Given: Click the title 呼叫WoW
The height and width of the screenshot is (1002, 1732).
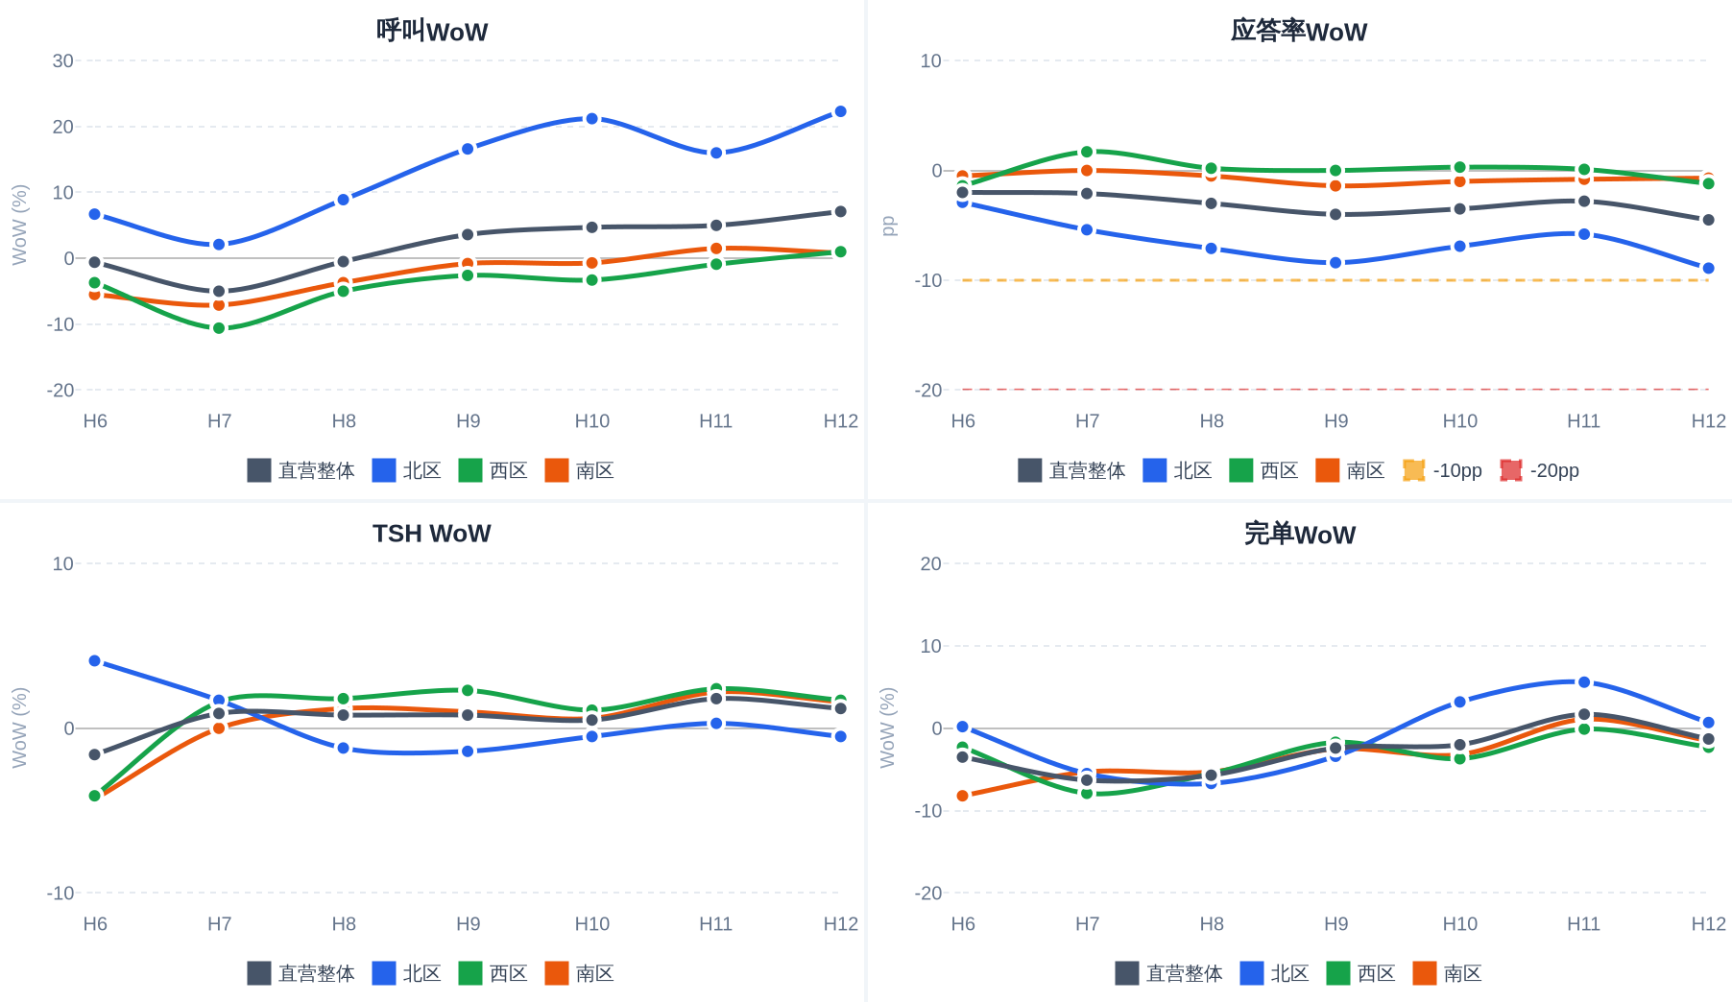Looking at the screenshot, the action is pyautogui.click(x=432, y=31).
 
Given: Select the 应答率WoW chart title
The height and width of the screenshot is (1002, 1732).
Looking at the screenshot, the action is pyautogui.click(x=1299, y=31).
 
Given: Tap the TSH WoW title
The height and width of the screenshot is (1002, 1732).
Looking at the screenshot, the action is pyautogui.click(x=432, y=534).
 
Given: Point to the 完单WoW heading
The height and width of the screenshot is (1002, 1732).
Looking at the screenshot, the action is pyautogui.click(x=1299, y=534).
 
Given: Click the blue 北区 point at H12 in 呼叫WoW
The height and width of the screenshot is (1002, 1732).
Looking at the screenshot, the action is pyautogui.click(x=840, y=111).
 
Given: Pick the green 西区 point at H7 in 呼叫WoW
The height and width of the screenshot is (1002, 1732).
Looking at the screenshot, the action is pyautogui.click(x=219, y=328).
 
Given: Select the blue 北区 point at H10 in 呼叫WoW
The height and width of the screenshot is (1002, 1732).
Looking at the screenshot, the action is pyautogui.click(x=591, y=119).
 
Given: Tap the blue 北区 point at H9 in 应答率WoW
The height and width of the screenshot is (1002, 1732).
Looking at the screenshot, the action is pyautogui.click(x=1335, y=263).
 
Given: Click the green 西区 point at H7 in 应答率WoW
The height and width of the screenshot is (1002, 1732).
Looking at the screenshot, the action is pyautogui.click(x=1087, y=152).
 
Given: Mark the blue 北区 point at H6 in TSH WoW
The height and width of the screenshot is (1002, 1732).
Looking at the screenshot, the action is pyautogui.click(x=95, y=661).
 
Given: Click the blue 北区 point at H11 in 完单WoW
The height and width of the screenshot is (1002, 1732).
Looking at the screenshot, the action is pyautogui.click(x=1584, y=682).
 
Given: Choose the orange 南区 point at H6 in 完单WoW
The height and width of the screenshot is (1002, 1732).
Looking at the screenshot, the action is pyautogui.click(x=963, y=796).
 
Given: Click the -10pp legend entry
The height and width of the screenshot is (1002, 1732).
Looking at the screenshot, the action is pyautogui.click(x=1442, y=470).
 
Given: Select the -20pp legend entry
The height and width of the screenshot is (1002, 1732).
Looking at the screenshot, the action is pyautogui.click(x=1539, y=470).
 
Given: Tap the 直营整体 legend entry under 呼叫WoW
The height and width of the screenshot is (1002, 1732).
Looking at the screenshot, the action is pyautogui.click(x=301, y=470).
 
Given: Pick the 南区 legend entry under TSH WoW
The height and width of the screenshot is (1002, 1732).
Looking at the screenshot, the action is pyautogui.click(x=579, y=973).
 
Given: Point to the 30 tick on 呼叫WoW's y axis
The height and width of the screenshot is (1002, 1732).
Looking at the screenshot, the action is pyautogui.click(x=63, y=60).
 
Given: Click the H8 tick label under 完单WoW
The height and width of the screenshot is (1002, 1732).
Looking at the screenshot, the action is pyautogui.click(x=1212, y=923).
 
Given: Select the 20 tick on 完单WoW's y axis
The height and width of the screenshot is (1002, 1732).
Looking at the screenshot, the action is pyautogui.click(x=931, y=563).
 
